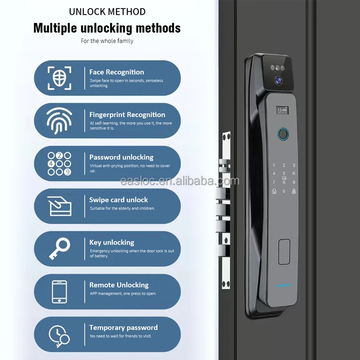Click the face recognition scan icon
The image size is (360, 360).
pyautogui.click(x=60, y=78)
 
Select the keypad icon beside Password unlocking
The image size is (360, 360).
pyautogui.click(x=60, y=164)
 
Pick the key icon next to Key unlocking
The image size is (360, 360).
pyautogui.click(x=60, y=249)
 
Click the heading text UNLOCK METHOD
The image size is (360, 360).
pyautogui.click(x=107, y=12)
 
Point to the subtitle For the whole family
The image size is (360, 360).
pyautogui.click(x=107, y=41)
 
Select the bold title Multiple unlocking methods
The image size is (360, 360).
pyautogui.click(x=107, y=28)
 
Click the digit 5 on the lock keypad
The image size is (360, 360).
pyautogui.click(x=284, y=173)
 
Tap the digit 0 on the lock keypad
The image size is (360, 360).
pyautogui.click(x=284, y=192)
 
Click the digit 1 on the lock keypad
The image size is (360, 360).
pyautogui.click(x=274, y=165)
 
